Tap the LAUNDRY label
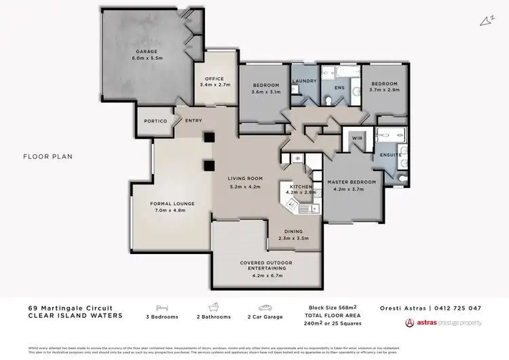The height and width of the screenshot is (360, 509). point(305,82)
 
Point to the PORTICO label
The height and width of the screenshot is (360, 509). point(155,121)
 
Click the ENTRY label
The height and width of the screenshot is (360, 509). point(193,121)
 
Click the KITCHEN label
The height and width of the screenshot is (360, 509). point(301,186)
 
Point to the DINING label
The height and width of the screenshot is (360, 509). point(295,232)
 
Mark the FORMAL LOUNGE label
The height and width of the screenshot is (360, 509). point(172,203)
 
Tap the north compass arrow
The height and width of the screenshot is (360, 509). point(486,21)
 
